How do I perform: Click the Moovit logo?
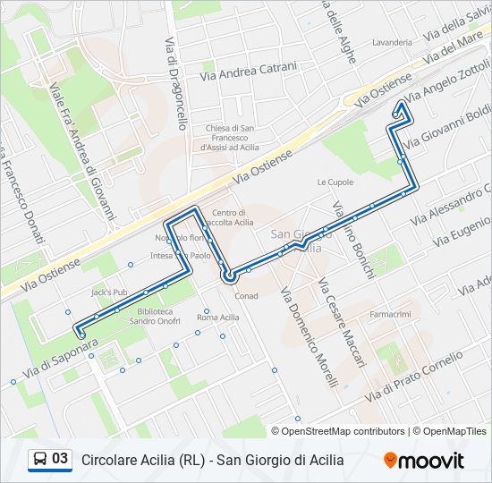click(424, 461)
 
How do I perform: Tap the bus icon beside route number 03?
click(40, 460)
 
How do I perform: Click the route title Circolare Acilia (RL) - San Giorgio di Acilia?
click(212, 461)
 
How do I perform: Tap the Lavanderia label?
click(392, 42)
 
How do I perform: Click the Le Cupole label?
click(335, 182)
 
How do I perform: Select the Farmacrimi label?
click(390, 314)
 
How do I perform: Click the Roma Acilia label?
click(218, 318)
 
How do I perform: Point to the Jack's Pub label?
click(109, 292)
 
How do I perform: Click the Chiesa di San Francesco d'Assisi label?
click(231, 137)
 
